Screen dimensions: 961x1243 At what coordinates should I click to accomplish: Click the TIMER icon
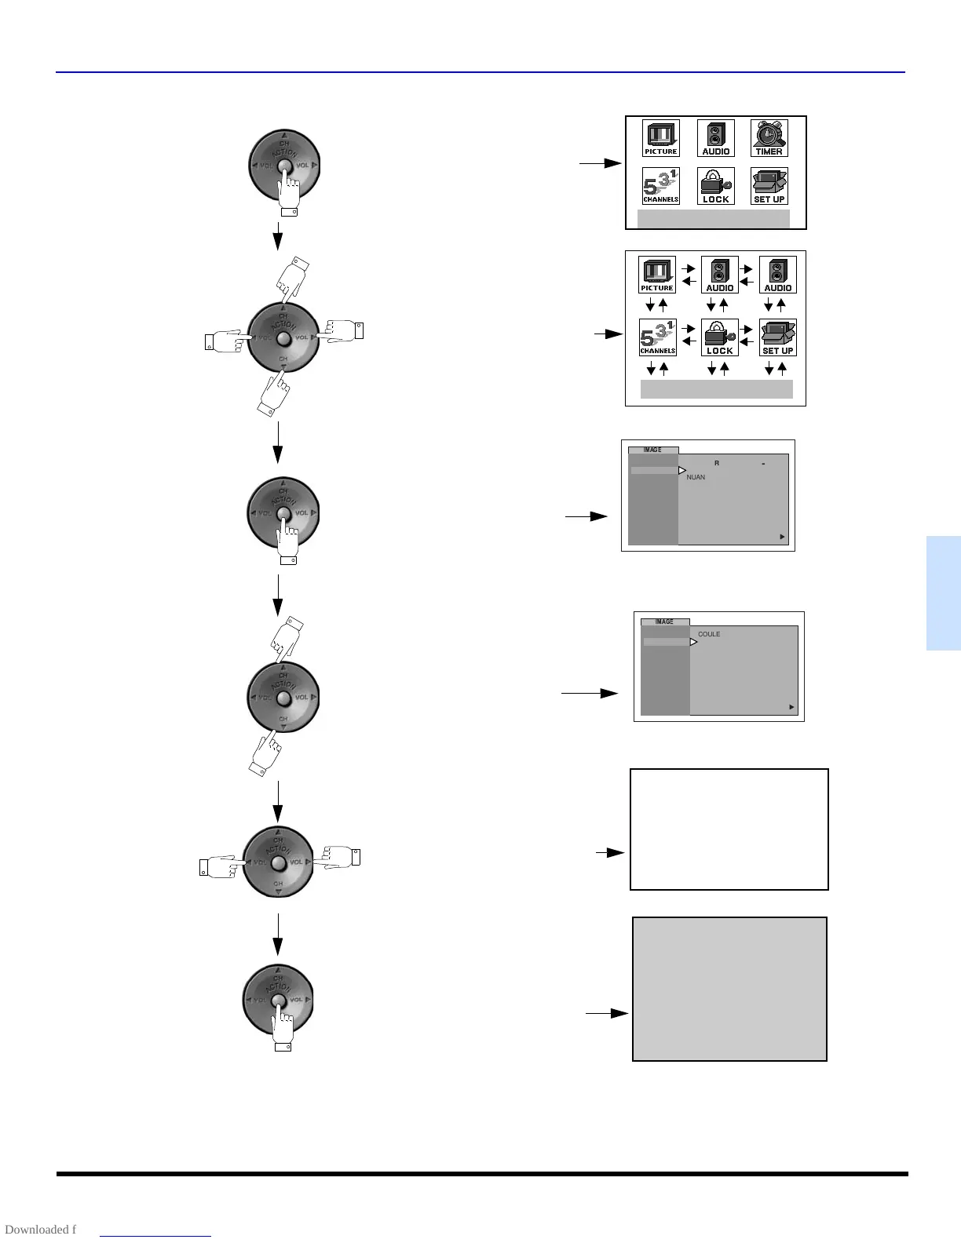click(x=769, y=139)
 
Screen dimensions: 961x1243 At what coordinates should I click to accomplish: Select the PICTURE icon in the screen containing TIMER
click(x=660, y=139)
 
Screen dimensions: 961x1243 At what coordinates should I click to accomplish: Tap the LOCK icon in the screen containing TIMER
click(x=715, y=186)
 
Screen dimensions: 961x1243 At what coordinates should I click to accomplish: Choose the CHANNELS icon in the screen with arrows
click(x=657, y=337)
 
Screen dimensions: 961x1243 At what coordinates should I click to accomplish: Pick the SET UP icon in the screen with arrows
click(x=777, y=337)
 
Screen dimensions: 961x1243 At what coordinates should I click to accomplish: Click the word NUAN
click(x=696, y=477)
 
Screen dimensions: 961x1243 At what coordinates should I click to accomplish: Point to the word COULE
click(x=709, y=634)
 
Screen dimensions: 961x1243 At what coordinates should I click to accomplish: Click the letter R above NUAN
click(x=717, y=464)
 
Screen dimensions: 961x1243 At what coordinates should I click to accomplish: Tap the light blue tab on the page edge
click(x=943, y=593)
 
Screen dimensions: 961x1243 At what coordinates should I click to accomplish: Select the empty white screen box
click(x=729, y=829)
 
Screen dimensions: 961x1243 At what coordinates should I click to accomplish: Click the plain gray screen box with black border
click(x=729, y=989)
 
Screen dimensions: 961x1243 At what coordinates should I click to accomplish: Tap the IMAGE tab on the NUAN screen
click(x=652, y=450)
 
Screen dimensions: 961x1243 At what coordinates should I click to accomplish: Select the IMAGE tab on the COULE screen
click(x=664, y=621)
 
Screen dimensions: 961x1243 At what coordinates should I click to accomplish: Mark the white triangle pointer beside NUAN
click(x=682, y=471)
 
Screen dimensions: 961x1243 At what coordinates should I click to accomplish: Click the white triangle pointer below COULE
click(x=693, y=642)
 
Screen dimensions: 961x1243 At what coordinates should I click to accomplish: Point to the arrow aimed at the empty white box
click(x=610, y=852)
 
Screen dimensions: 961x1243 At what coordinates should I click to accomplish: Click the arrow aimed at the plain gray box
click(x=607, y=1013)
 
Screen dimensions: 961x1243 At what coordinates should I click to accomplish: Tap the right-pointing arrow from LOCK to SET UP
click(x=747, y=330)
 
